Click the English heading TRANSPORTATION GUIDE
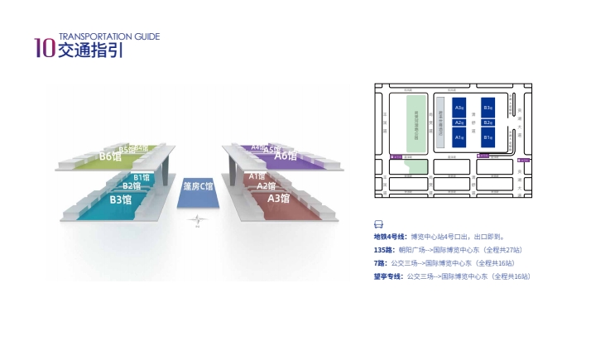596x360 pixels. click(x=108, y=36)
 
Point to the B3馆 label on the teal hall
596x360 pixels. click(x=122, y=199)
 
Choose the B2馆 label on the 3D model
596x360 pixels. click(x=132, y=186)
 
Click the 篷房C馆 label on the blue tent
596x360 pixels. click(x=198, y=186)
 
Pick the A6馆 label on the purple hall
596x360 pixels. click(x=286, y=156)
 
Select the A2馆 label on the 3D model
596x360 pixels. click(x=265, y=186)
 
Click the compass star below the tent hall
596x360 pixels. click(x=197, y=221)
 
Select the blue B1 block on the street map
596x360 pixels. click(x=488, y=137)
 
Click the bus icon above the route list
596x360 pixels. click(x=379, y=224)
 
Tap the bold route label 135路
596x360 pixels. click(x=383, y=250)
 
